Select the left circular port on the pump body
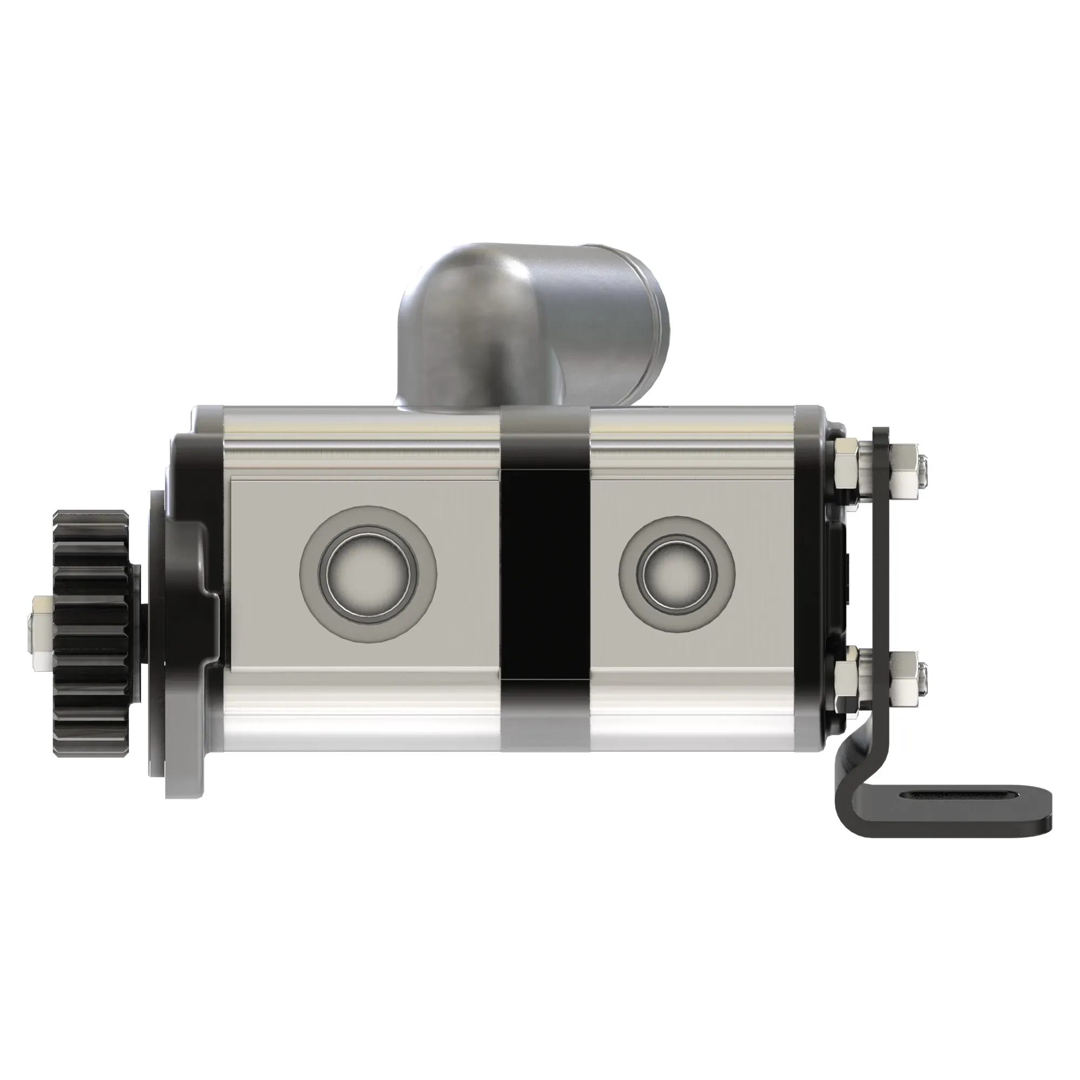point(368,574)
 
